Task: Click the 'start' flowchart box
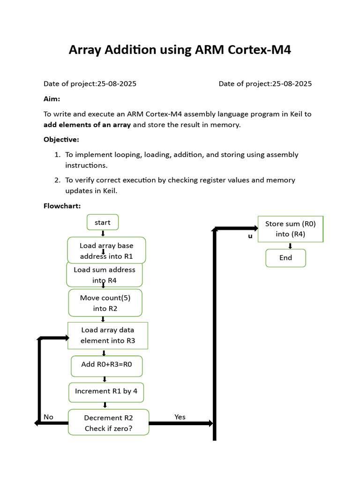tap(103, 222)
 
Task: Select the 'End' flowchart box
tap(285, 258)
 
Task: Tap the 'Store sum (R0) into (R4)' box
tap(291, 229)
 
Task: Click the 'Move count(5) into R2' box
tap(105, 303)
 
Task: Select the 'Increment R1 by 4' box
tap(106, 392)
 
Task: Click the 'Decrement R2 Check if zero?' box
tap(109, 422)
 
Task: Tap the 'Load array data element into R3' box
tap(108, 335)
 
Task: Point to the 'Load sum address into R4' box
tap(105, 275)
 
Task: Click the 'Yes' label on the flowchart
tap(180, 417)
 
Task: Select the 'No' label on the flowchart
tap(48, 417)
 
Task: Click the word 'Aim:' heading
tap(52, 99)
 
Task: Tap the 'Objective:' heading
tap(61, 140)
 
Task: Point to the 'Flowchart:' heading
tap(62, 206)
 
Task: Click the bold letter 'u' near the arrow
tap(250, 236)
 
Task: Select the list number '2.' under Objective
tap(57, 180)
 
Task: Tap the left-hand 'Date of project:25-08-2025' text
tap(90, 84)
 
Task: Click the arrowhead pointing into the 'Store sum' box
tap(255, 228)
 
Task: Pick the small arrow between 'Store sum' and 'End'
tap(291, 246)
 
